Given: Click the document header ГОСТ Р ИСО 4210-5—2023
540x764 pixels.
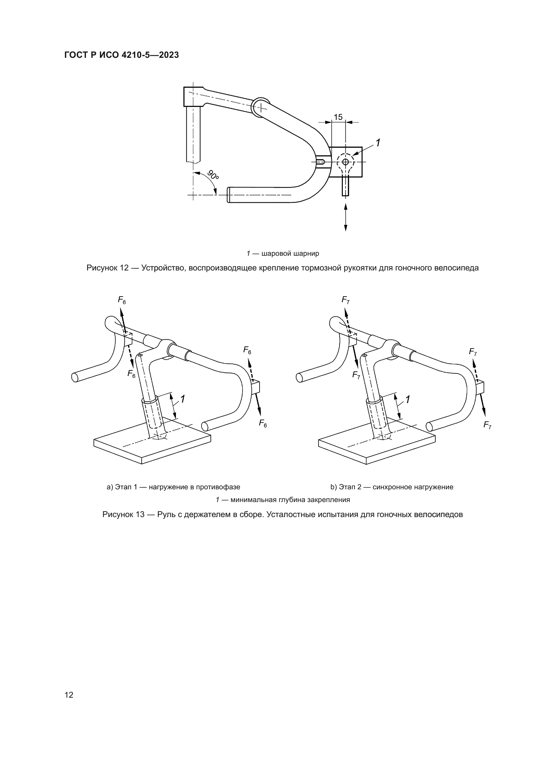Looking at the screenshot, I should pyautogui.click(x=121, y=55).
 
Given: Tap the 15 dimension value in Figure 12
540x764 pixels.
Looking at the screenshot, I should pyautogui.click(x=338, y=117).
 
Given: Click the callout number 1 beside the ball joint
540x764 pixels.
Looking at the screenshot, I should pyautogui.click(x=378, y=143).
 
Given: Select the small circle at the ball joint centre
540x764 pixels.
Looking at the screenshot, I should pyautogui.click(x=345, y=162).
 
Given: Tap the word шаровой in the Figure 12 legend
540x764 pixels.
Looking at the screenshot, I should pyautogui.click(x=275, y=253).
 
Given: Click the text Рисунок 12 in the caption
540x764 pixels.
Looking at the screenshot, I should pyautogui.click(x=107, y=268).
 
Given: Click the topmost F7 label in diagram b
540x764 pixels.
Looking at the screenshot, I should pyautogui.click(x=345, y=300).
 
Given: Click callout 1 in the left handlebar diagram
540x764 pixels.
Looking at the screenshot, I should pyautogui.click(x=182, y=398).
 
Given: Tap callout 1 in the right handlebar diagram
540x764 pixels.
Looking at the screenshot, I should pyautogui.click(x=408, y=399).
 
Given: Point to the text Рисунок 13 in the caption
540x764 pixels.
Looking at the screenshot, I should pyautogui.click(x=123, y=514).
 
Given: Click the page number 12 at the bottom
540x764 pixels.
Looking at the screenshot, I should pyautogui.click(x=69, y=695).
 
